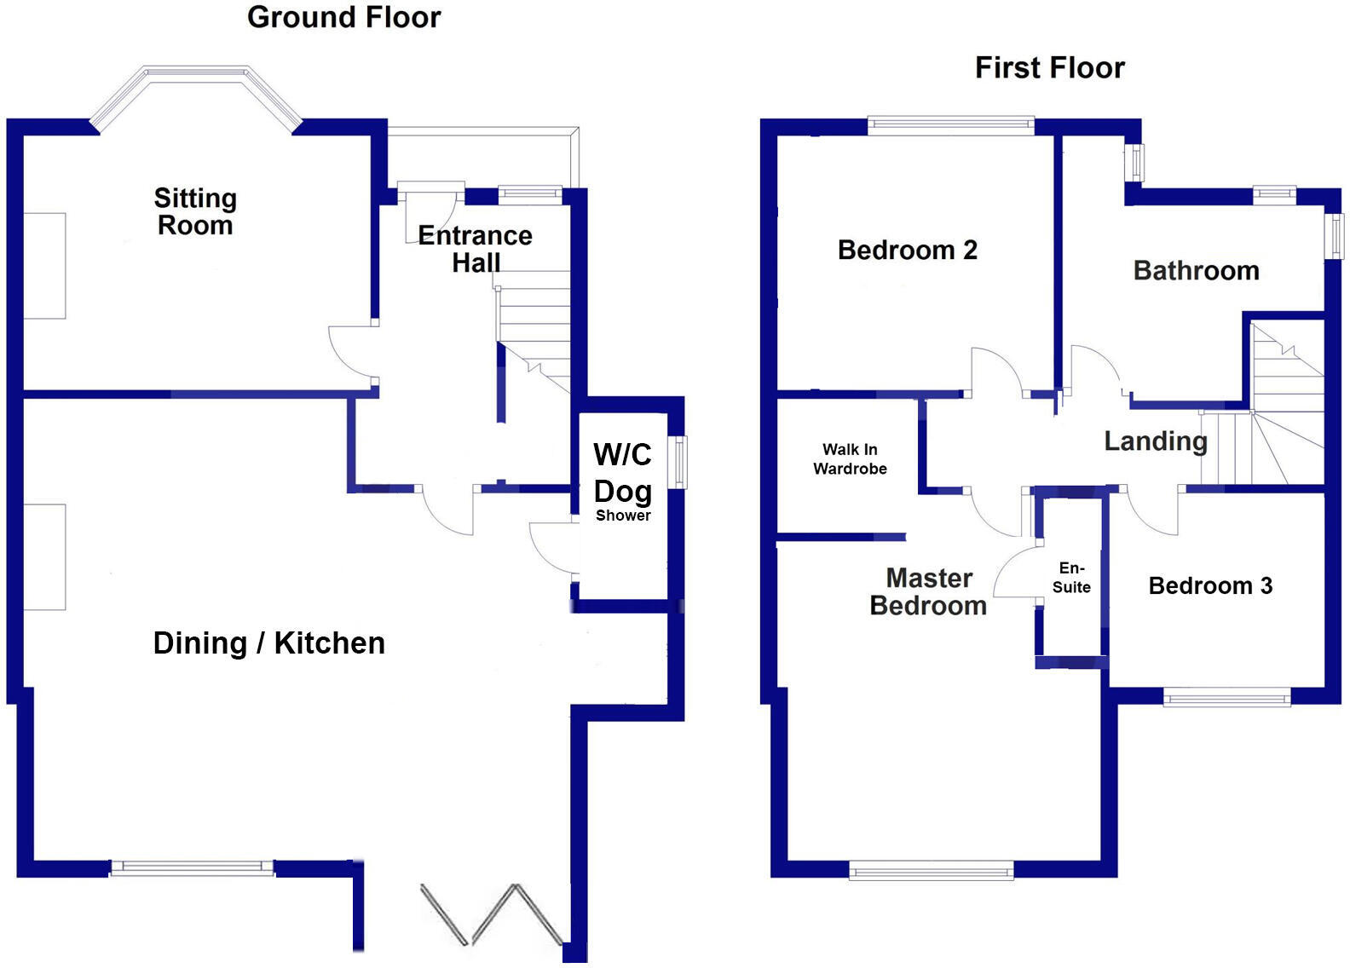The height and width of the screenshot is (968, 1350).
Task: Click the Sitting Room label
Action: pyautogui.click(x=195, y=211)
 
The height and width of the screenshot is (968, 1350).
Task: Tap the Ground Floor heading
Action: pyautogui.click(x=343, y=17)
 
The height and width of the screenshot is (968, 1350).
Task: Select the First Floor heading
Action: pyautogui.click(x=1049, y=68)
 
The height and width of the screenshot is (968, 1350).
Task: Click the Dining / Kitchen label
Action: pyautogui.click(x=268, y=643)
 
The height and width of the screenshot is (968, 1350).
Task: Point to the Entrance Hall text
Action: pyautogui.click(x=475, y=248)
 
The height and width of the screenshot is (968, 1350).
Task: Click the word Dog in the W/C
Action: pyautogui.click(x=623, y=492)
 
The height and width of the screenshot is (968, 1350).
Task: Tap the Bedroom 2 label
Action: pyautogui.click(x=907, y=251)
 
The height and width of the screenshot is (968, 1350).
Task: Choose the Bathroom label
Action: pyautogui.click(x=1196, y=271)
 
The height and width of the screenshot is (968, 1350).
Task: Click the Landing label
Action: pyautogui.click(x=1155, y=441)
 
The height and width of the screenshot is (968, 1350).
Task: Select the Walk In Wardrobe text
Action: pyautogui.click(x=850, y=459)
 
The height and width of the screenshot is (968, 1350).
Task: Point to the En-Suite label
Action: pyautogui.click(x=1071, y=578)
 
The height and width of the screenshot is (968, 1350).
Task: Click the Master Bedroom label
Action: pyautogui.click(x=928, y=592)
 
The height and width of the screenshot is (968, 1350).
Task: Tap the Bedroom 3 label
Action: pyautogui.click(x=1210, y=586)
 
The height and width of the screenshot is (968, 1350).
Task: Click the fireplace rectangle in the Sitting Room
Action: pyautogui.click(x=44, y=266)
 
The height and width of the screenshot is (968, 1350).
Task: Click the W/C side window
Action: pyautogui.click(x=679, y=462)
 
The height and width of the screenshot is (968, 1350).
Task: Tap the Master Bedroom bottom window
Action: pyautogui.click(x=931, y=870)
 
